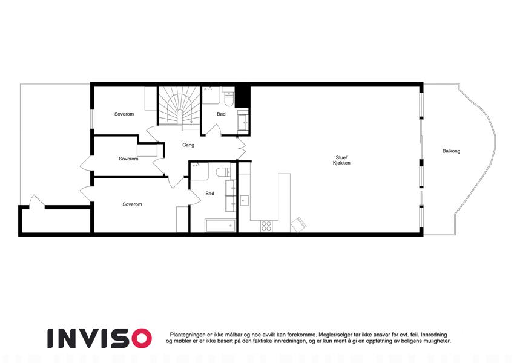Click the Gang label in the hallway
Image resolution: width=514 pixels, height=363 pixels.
(188, 145)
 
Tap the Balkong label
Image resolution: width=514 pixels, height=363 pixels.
(451, 151)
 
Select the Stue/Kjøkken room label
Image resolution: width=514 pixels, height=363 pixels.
(341, 160)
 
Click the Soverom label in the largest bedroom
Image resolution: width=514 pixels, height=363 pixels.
(132, 204)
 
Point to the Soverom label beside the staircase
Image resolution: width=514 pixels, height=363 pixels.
(124, 114)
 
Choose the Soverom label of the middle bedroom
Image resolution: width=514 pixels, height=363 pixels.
(128, 159)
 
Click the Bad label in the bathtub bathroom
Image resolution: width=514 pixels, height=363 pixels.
(210, 194)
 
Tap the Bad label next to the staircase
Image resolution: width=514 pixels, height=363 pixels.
(221, 114)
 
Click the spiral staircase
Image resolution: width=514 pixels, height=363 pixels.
(179, 105)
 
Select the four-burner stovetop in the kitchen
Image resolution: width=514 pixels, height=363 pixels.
(266, 226)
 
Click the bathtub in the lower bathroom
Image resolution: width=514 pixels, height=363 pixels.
(220, 226)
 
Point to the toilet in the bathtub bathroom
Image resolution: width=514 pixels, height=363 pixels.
(223, 172)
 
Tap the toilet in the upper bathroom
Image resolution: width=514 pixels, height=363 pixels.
(228, 98)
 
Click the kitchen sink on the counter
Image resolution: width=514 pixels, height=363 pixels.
(245, 200)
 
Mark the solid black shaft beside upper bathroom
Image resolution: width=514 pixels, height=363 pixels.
(243, 97)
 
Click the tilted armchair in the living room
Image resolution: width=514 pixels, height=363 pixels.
(298, 225)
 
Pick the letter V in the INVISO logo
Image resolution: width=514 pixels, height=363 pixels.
(93, 338)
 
